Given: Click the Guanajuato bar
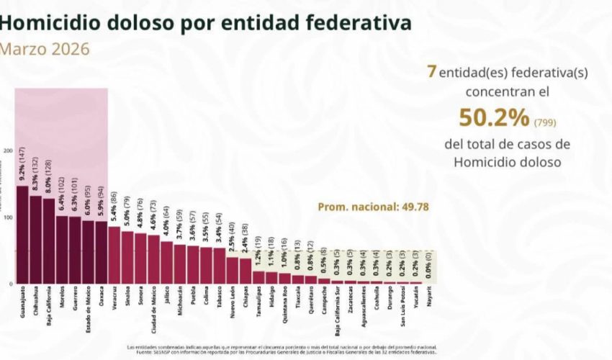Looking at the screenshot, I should click(22, 235).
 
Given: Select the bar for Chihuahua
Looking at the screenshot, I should click(35, 240).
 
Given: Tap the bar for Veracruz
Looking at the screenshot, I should click(114, 255).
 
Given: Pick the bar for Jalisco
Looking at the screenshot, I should click(166, 262).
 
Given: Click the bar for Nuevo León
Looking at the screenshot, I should click(232, 270).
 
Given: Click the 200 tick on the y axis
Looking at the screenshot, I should click(8, 150).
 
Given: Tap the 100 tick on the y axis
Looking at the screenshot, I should click(8, 217).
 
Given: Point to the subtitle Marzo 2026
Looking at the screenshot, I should click(45, 49).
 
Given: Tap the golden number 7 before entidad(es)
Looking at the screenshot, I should click(432, 73).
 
